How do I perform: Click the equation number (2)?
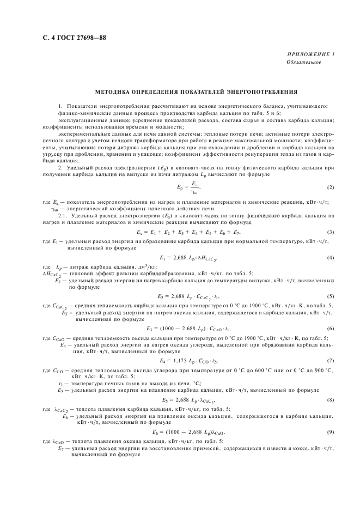(330, 187)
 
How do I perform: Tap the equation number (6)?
(330, 329)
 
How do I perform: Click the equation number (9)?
(330, 432)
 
